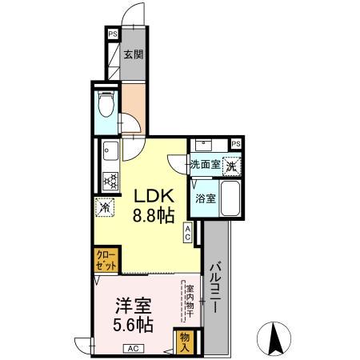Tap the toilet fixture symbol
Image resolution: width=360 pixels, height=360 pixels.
106,107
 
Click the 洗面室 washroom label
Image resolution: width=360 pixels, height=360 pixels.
204,165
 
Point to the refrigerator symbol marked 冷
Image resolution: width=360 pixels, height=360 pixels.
105,206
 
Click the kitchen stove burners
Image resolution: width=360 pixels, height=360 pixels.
111,179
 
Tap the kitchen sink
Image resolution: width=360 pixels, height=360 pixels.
110,150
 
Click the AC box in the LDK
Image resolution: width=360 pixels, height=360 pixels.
188,233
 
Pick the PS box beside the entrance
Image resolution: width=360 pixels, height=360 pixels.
113,35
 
